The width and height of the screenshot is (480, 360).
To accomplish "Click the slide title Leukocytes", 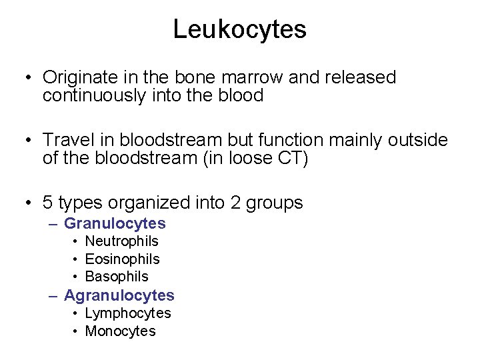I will click(239, 29).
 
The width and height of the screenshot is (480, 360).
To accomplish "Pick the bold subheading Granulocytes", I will click(115, 224).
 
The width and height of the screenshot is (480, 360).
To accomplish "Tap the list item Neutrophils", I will click(121, 241).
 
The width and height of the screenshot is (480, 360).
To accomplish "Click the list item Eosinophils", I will click(122, 259).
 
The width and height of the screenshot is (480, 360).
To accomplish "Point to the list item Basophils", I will click(117, 276).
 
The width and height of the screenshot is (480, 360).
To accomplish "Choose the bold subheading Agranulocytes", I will click(119, 295).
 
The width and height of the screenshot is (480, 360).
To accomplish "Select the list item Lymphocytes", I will click(128, 313).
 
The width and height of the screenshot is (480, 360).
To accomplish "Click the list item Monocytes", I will click(120, 331).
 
